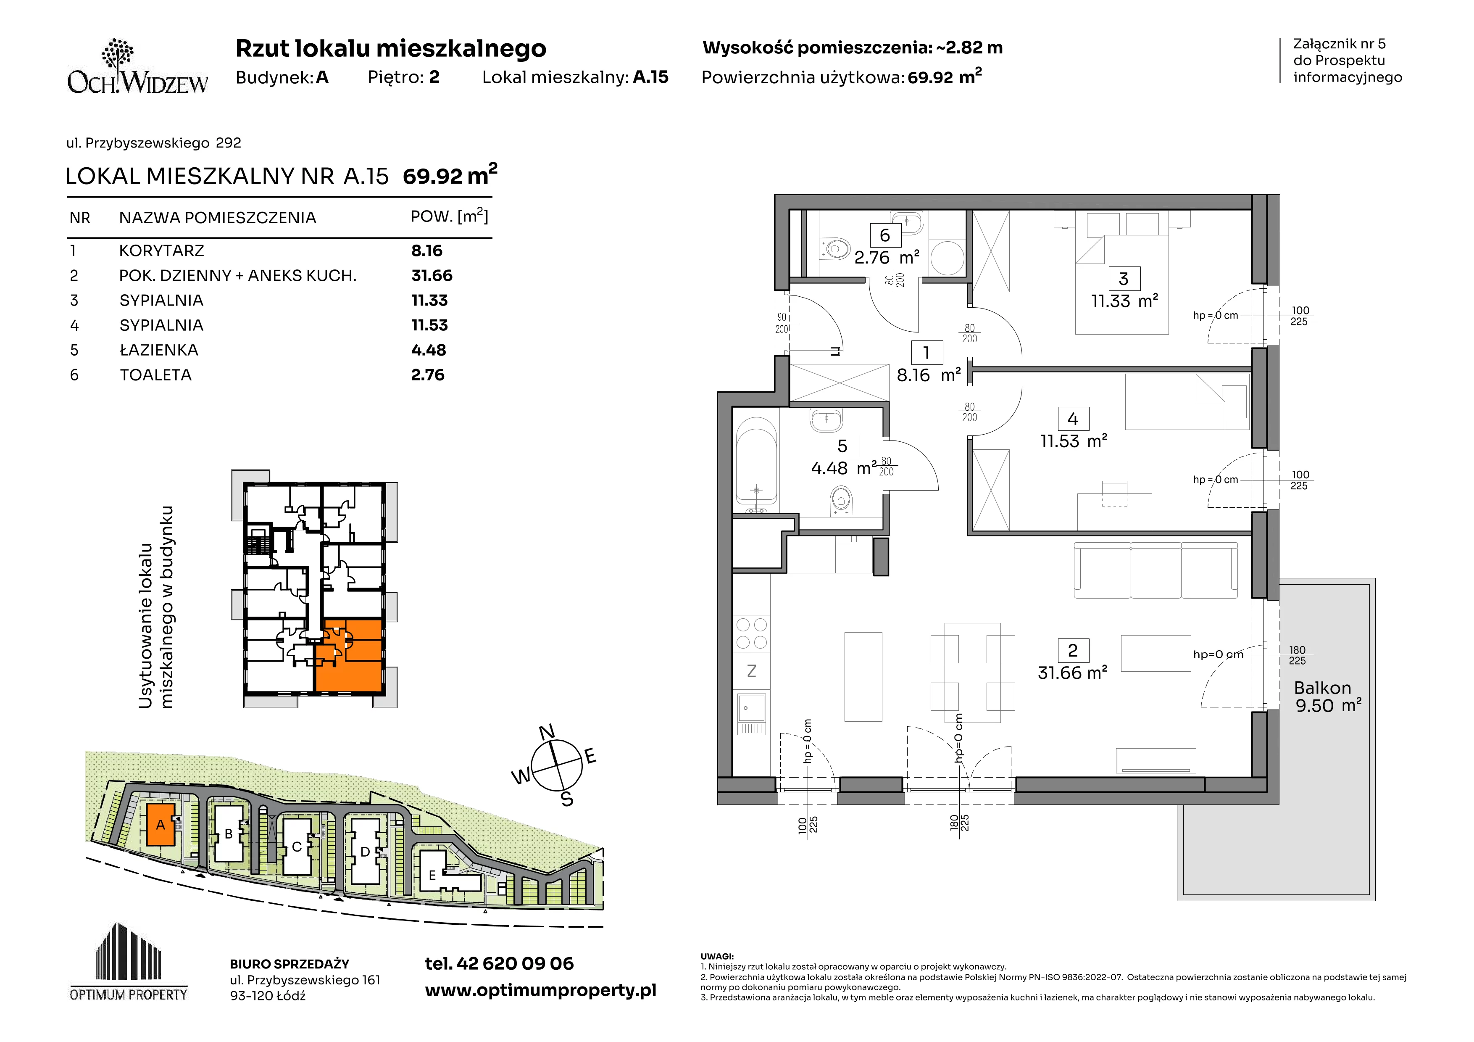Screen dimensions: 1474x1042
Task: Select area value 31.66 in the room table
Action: (432, 275)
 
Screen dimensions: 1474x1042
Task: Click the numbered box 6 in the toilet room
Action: (884, 236)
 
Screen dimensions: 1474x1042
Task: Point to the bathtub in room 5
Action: (757, 461)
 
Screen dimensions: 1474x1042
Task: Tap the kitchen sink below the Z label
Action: (752, 714)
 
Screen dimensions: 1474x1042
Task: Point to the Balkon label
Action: (1322, 688)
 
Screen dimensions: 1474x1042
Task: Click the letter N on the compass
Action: (546, 733)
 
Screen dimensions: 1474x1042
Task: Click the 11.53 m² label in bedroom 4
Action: (1074, 441)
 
